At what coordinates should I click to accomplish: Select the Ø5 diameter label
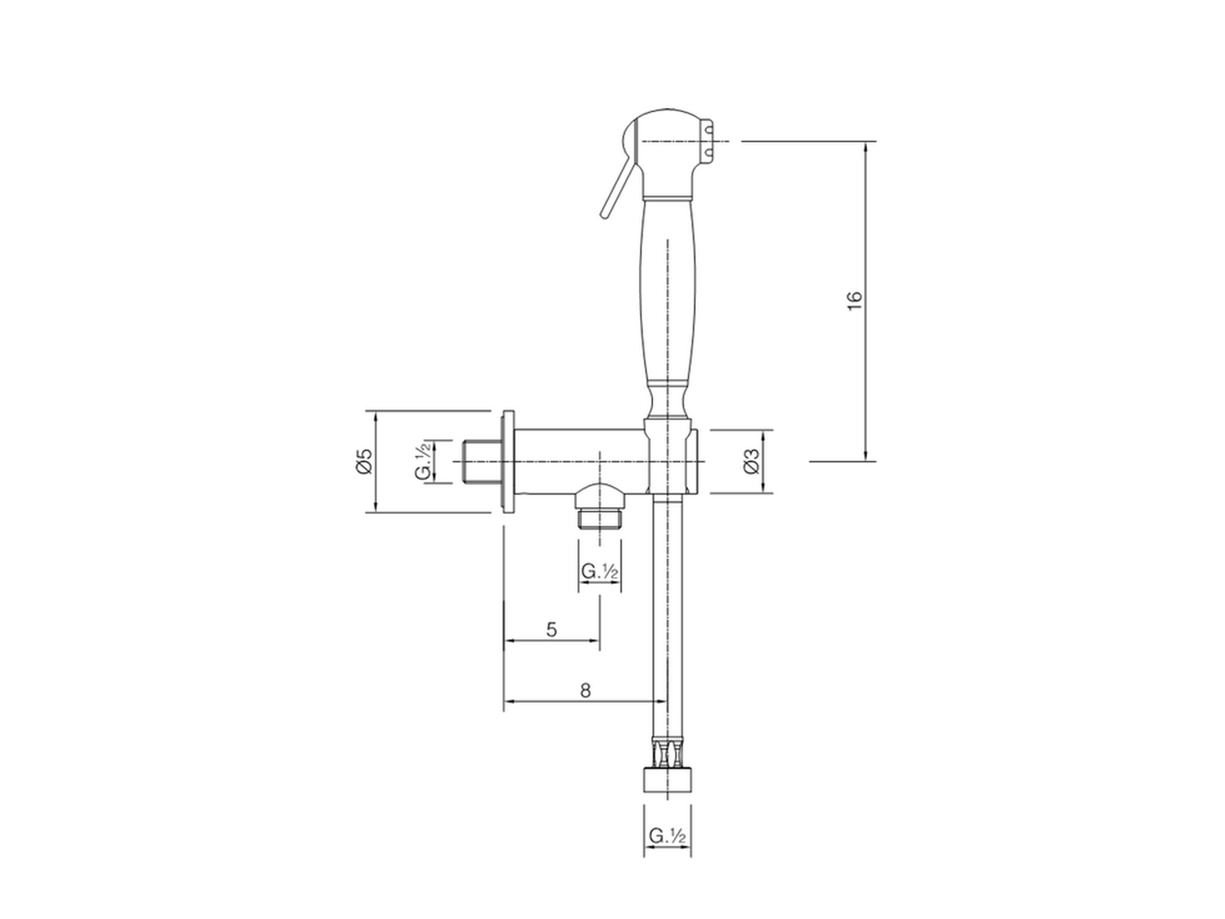pos(362,461)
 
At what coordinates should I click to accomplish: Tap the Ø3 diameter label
pos(751,461)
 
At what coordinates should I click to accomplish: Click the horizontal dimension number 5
pos(551,629)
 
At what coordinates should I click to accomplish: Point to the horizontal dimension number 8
pos(585,689)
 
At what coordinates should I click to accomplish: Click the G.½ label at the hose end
pos(667,836)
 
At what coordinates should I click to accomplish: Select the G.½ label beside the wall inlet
pos(423,461)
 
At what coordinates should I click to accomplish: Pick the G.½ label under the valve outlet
pos(600,572)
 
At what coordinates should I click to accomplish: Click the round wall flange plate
pos(507,461)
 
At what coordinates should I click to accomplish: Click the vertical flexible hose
pos(658,613)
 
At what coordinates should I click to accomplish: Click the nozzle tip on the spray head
pos(710,142)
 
